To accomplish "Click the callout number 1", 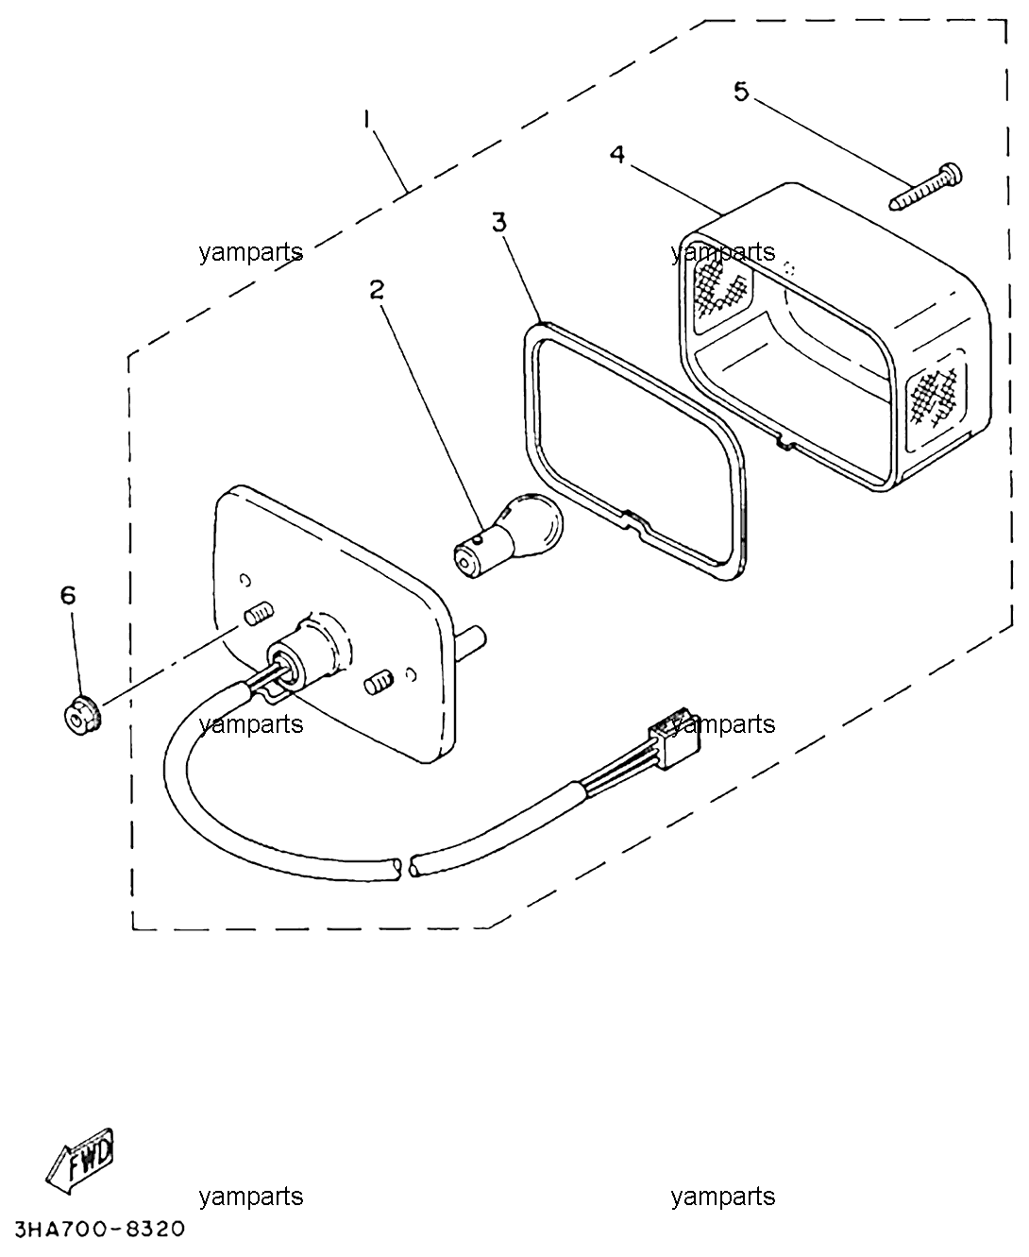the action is click(367, 119).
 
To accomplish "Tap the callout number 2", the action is click(378, 290).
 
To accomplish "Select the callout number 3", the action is click(498, 222).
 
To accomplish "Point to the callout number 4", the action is click(617, 154).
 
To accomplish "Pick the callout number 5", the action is click(741, 92).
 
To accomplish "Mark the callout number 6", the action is click(69, 595).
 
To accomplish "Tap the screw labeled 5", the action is click(925, 187).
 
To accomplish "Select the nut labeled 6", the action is click(81, 714).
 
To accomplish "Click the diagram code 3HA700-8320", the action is click(99, 1229).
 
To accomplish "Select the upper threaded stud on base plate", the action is click(260, 615).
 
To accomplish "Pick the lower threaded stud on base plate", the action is click(379, 682).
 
